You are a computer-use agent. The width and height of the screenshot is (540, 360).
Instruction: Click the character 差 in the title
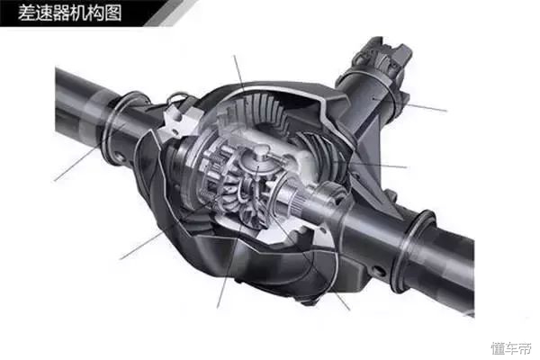pyautogui.click(x=26, y=13)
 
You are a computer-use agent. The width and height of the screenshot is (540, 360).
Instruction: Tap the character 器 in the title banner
pyautogui.click(x=61, y=13)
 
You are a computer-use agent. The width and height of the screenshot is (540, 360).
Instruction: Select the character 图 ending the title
pyautogui.click(x=113, y=13)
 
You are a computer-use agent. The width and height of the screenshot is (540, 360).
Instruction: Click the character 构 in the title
pyautogui.click(x=96, y=13)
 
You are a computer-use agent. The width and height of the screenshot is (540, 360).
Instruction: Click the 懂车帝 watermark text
pyautogui.click(x=510, y=348)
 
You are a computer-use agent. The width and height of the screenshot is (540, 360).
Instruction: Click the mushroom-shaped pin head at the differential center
pyautogui.click(x=260, y=150)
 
